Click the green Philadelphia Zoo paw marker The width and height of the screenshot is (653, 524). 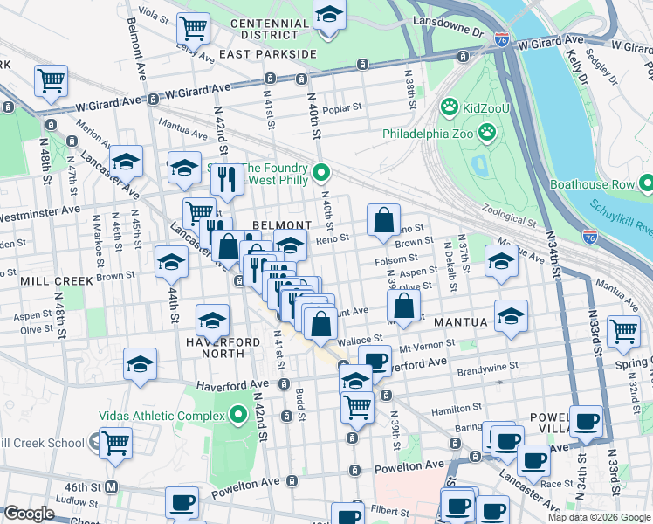click(487, 134)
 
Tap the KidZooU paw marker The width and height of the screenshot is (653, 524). click(449, 107)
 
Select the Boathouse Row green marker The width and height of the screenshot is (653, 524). click(645, 184)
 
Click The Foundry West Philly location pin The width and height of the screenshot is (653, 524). click(320, 173)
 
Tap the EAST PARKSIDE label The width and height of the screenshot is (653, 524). click(267, 54)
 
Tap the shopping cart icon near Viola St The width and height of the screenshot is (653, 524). click(193, 27)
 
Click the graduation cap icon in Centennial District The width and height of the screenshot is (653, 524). click(328, 15)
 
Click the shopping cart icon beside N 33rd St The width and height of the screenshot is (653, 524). click(623, 331)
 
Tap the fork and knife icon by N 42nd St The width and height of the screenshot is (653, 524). click(227, 178)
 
